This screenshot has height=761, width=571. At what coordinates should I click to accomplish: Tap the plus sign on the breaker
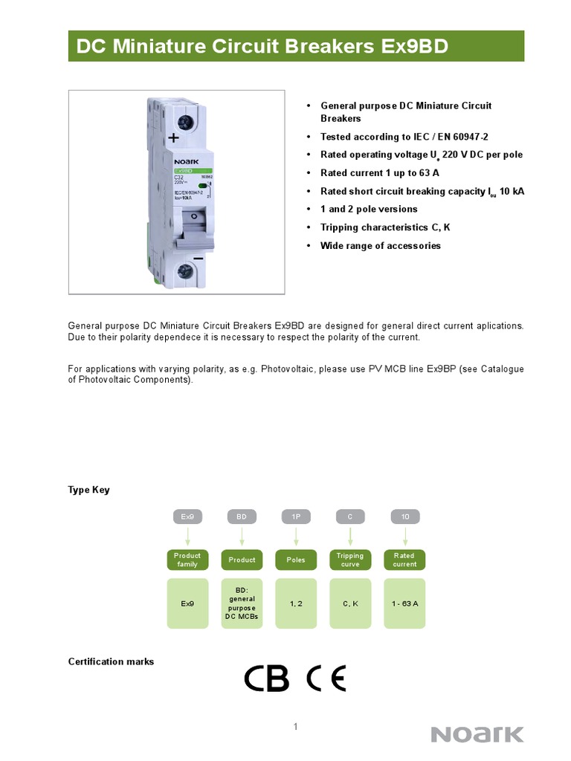click(x=174, y=137)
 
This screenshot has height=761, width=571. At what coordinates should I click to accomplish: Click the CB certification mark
click(x=267, y=678)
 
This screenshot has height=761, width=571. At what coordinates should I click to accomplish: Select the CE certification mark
click(x=326, y=678)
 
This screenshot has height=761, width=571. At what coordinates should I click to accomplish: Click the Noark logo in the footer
click(x=478, y=734)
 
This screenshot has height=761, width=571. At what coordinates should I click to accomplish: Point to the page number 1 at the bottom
click(x=295, y=727)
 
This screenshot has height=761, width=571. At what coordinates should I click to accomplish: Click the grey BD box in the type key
click(x=242, y=515)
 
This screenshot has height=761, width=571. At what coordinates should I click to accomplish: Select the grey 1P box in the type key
click(x=296, y=515)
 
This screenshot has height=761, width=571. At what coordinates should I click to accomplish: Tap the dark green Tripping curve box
click(x=350, y=560)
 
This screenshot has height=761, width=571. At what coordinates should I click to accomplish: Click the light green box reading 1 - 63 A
click(x=404, y=603)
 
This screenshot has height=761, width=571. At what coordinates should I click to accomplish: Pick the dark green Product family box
click(x=187, y=560)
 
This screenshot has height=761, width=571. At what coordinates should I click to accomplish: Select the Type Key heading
click(x=88, y=490)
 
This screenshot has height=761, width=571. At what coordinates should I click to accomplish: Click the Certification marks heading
click(x=111, y=661)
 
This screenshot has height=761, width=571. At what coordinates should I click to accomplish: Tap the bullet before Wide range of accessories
click(x=308, y=246)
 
